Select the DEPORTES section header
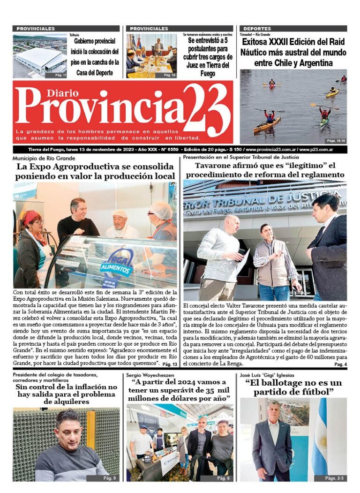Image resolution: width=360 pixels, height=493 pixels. (257, 29)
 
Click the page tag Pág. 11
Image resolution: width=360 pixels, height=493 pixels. (60, 75)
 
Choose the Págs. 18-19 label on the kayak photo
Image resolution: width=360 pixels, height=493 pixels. (336, 140)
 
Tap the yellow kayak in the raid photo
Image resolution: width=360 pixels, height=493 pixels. (332, 93)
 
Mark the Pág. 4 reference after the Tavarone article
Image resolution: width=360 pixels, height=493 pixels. (340, 364)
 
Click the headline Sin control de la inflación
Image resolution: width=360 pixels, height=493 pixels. (67, 394)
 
